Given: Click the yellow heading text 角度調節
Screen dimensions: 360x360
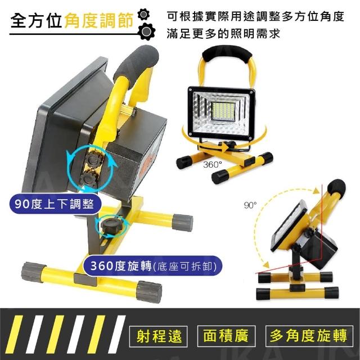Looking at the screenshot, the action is point(99,20).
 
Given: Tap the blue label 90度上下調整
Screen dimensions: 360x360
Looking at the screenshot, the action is point(55,204).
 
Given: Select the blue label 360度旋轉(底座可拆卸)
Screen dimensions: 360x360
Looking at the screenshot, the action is point(153,266).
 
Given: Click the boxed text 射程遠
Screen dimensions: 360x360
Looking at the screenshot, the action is point(159,336).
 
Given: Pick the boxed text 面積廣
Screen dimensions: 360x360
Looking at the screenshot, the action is point(226,336).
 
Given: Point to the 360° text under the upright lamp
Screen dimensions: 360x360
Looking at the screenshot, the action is point(213,164).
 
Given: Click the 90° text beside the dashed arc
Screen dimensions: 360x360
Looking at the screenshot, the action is point(250,205).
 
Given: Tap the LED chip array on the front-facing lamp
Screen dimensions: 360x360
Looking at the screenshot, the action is point(223,111).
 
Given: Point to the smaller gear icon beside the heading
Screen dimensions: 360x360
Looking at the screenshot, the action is point(143,15).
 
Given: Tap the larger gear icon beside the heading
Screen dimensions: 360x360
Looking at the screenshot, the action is point(146,31).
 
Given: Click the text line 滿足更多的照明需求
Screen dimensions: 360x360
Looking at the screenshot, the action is point(223,34).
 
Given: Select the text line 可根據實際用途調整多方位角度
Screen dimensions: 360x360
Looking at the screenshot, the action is point(255,16).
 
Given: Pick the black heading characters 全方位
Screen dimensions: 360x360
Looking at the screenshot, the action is point(36,20).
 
